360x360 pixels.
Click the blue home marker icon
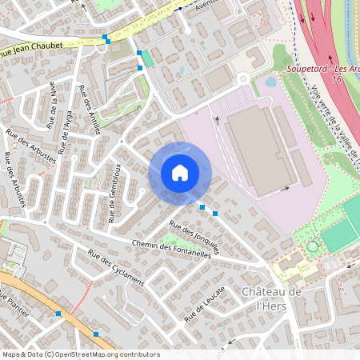(x=180, y=172)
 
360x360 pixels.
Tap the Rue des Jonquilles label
(x=195, y=238)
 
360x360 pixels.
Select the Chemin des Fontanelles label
(x=171, y=249)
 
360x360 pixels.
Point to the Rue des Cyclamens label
(x=115, y=269)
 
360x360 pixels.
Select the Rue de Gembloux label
(x=114, y=193)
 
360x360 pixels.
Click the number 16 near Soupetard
(x=337, y=79)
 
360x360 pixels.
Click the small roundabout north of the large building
(x=242, y=78)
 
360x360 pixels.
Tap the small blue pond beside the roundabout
(x=270, y=81)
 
